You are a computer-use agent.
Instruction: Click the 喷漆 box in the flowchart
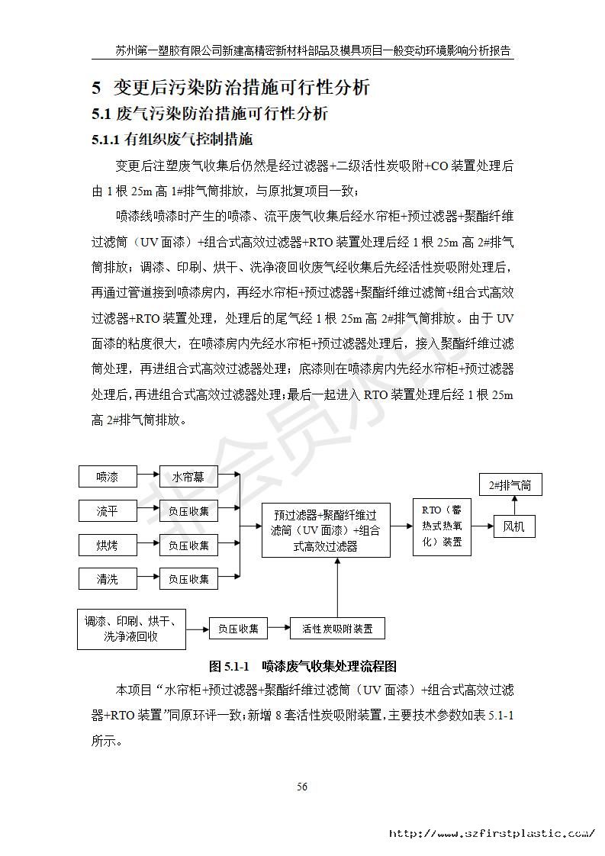107,477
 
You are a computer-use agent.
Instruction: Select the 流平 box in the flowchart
107,511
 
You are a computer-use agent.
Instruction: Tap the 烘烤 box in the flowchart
107,545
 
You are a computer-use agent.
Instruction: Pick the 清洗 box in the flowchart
107,579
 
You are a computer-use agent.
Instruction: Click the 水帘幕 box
188,477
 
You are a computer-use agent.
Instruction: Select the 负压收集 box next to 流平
188,511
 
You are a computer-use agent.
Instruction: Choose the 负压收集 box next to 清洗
188,579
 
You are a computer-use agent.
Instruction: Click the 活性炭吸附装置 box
337,629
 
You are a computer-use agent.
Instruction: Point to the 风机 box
513,526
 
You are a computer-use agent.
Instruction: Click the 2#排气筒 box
509,484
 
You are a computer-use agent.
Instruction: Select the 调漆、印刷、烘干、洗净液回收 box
130,629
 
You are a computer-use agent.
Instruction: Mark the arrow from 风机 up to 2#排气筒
514,504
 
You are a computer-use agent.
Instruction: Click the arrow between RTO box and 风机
481,526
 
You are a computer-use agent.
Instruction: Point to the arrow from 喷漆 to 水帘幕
147,477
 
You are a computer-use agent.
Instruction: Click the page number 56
302,787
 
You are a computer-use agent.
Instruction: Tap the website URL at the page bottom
491,834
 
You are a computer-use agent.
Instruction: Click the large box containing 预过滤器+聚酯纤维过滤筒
326,526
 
